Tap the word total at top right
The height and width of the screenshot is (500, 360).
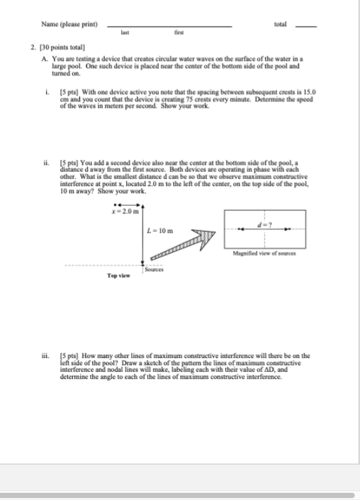[281, 24]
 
